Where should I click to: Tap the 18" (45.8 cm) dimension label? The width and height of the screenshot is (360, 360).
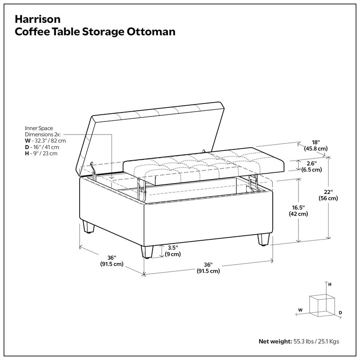point(315,145)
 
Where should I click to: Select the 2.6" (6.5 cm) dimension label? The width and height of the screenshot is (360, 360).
point(311,166)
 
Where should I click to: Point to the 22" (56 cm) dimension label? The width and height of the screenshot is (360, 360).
point(328,195)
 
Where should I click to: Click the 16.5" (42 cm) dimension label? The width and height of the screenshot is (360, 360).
point(298,211)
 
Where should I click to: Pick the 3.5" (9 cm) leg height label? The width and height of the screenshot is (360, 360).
point(172,251)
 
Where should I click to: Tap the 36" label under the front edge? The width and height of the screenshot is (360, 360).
point(208,268)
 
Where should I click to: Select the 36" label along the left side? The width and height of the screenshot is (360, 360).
point(112,261)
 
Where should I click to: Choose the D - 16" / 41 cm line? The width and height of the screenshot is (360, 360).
point(42,147)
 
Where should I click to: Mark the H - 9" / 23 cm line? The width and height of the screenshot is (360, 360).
point(41,153)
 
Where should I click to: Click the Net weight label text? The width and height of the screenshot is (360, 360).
point(274,342)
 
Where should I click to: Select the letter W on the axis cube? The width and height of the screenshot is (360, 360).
point(300,310)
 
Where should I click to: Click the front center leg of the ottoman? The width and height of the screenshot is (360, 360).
point(147,252)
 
